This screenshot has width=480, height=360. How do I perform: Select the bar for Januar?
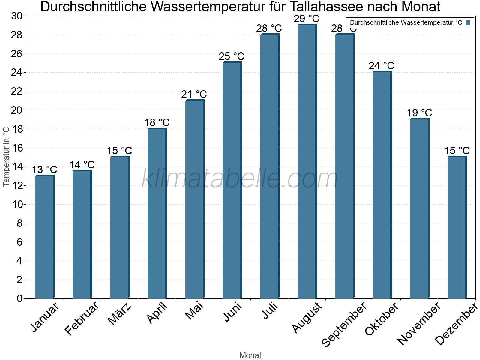click(44, 237)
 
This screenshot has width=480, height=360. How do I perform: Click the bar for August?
click(307, 162)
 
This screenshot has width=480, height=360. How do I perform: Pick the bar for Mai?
click(194, 199)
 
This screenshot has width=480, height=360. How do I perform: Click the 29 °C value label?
click(306, 19)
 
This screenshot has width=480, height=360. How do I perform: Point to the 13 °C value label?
click(44, 169)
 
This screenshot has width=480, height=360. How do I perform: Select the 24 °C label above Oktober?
click(381, 66)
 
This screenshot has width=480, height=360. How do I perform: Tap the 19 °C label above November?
click(419, 113)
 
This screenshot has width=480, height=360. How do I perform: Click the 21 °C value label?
click(194, 94)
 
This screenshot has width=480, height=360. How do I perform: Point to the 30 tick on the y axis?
click(17, 16)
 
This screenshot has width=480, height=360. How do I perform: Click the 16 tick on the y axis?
click(17, 148)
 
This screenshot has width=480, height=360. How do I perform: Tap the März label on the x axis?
click(120, 314)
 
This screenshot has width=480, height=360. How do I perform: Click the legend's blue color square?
click(468, 22)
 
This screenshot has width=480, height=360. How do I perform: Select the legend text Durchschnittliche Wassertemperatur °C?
click(406, 22)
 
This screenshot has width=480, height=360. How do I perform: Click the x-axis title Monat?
click(250, 355)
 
